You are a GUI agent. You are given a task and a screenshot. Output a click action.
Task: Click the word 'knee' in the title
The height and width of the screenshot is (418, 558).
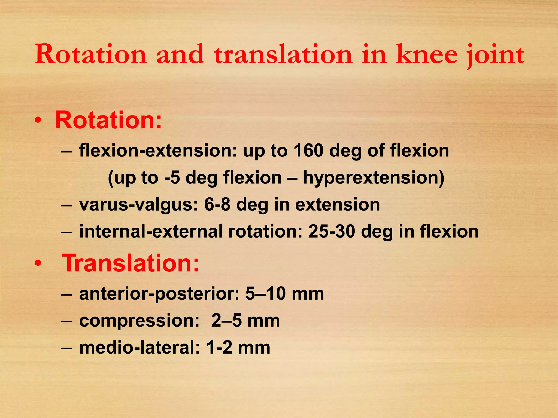(427, 54)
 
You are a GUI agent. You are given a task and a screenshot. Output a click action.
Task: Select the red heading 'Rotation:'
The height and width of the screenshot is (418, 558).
(108, 120)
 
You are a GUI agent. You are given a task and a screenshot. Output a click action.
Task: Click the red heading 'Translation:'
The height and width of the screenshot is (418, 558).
(131, 263)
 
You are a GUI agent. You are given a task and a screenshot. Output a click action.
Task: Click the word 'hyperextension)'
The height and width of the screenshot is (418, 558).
(374, 178)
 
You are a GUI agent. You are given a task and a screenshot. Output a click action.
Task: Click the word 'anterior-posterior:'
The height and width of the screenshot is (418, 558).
(159, 294)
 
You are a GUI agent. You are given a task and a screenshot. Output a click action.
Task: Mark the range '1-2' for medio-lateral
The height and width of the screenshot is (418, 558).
(219, 348)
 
